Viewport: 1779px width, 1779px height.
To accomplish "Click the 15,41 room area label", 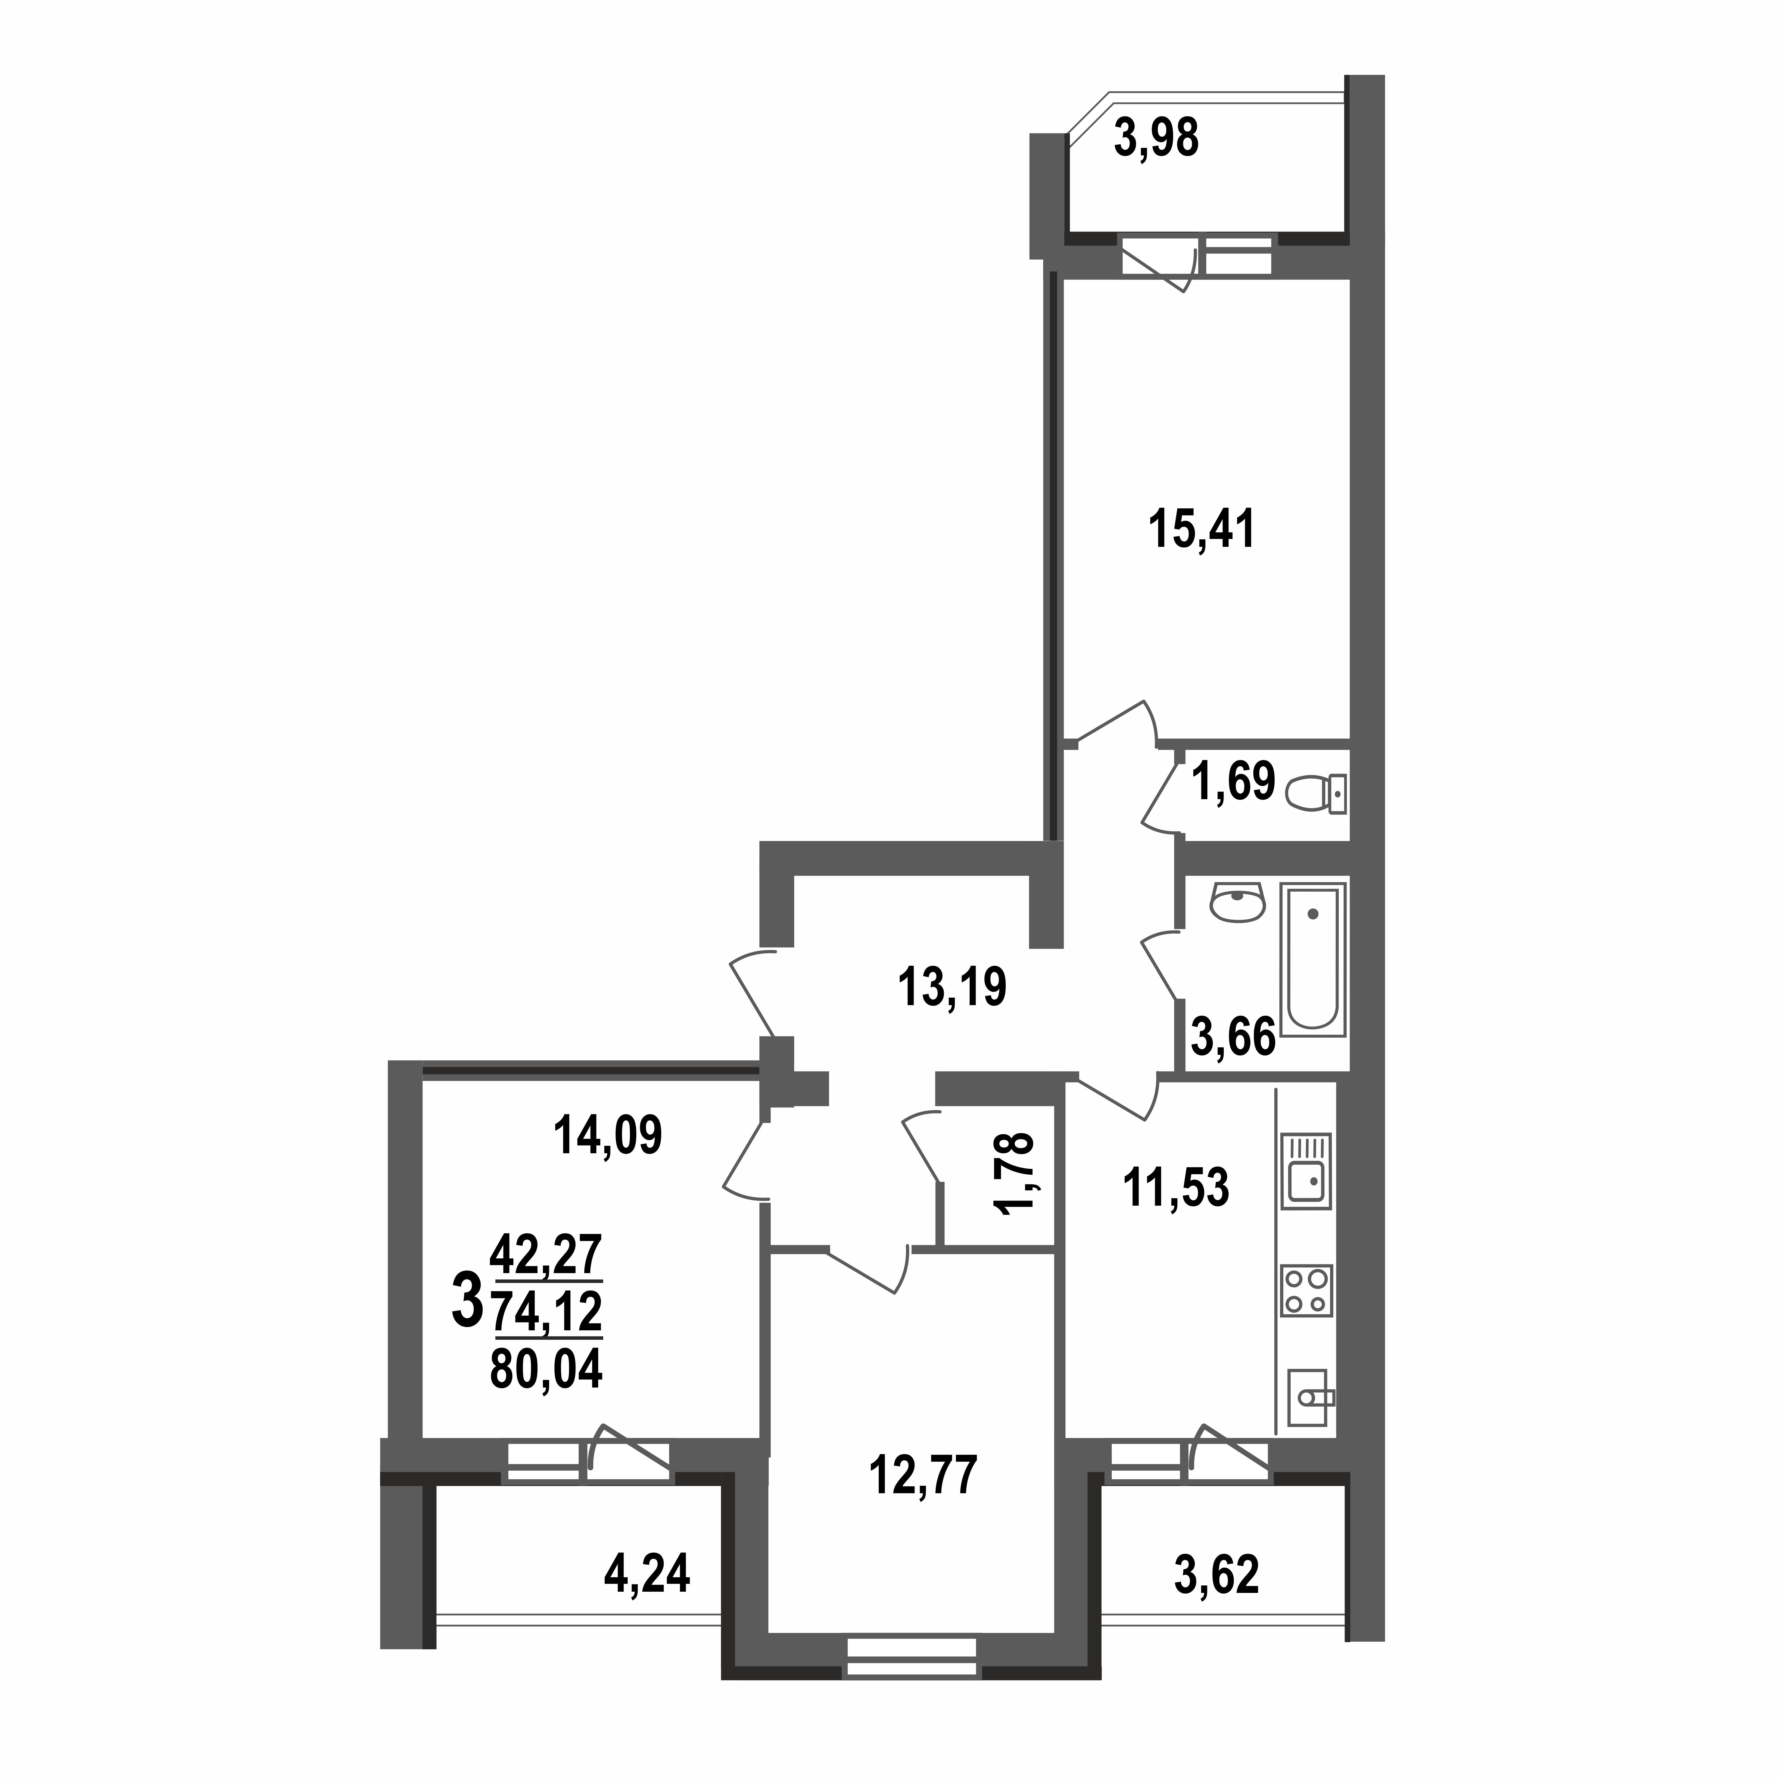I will click(1202, 530).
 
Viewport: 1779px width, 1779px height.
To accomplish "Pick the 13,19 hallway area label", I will click(952, 987).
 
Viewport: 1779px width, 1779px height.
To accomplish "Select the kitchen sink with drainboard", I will click(1306, 1170).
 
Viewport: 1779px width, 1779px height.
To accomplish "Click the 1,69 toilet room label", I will click(1233, 782).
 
